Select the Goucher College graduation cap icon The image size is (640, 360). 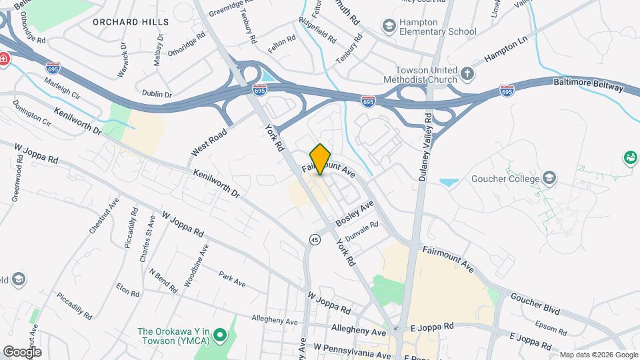click(x=549, y=178)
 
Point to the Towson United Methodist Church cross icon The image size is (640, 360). click(x=468, y=72)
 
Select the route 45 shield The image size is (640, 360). click(x=313, y=239)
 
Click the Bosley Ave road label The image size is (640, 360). click(x=355, y=213)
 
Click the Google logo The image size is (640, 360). click(x=22, y=351)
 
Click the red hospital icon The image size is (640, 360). click(x=4, y=59)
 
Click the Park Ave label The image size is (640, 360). click(x=232, y=279)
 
